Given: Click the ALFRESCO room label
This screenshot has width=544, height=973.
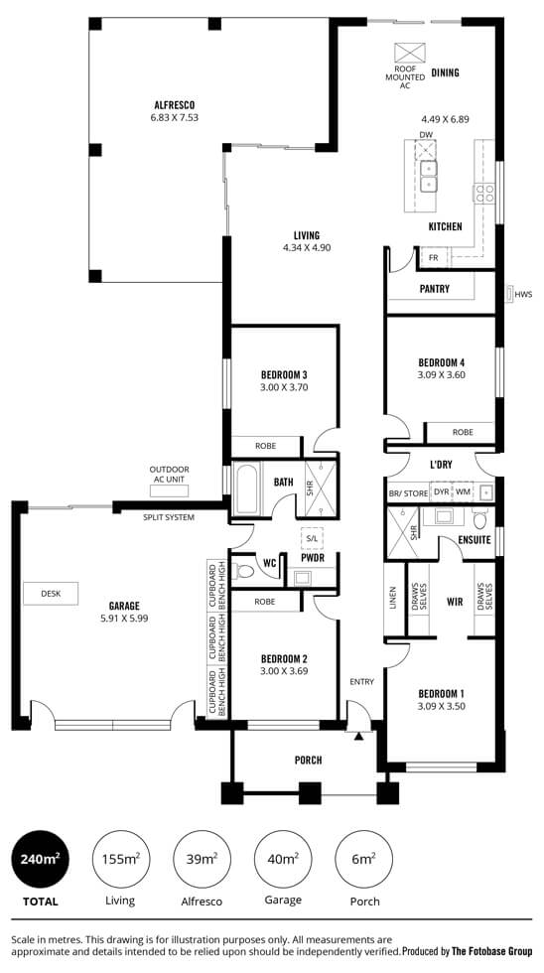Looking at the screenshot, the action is pos(174,105).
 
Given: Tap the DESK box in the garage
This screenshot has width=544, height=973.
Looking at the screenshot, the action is pos(51,594).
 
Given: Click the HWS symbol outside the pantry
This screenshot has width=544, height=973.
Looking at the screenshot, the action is pos(510,294).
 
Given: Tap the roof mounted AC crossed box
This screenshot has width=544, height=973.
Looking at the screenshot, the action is pos(410,53).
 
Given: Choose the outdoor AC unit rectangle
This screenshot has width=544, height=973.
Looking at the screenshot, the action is pos(169,490).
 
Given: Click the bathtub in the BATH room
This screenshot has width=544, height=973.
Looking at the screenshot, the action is pos(247,488).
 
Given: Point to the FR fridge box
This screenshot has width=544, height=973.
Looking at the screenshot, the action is pos(433,257).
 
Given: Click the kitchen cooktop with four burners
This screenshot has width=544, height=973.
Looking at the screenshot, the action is pos(484,193).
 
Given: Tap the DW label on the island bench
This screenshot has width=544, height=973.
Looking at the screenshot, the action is pos(425,135).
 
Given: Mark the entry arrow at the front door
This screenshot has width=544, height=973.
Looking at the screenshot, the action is pos(358,736).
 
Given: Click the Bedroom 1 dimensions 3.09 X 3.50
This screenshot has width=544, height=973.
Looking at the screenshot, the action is pos(442,706).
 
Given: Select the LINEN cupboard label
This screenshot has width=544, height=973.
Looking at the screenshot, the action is pos(393,599).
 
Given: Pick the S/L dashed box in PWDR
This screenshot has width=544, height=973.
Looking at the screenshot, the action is pos(312,539).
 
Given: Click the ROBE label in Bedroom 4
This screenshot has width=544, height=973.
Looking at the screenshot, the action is pos(463,432).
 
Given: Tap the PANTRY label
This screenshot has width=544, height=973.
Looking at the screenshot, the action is pos(434,289).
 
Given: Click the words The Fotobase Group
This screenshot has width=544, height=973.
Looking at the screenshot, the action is pos(491,951).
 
